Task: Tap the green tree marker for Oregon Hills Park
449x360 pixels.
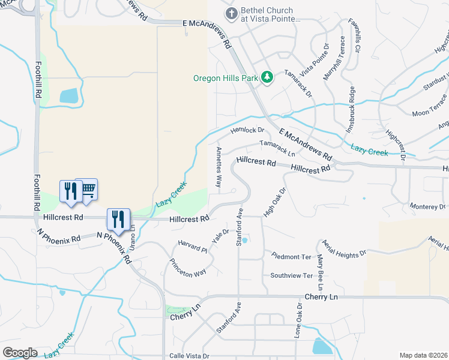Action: tap(267, 77)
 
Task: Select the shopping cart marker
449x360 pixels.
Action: tap(88, 190)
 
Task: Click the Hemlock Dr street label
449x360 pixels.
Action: tap(247, 130)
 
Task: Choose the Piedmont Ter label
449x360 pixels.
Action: tap(291, 256)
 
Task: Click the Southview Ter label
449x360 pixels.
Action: tap(292, 275)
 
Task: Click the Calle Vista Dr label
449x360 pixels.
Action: tap(188, 355)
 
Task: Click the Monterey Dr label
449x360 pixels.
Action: tap(427, 206)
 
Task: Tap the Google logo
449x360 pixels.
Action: tap(20, 352)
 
